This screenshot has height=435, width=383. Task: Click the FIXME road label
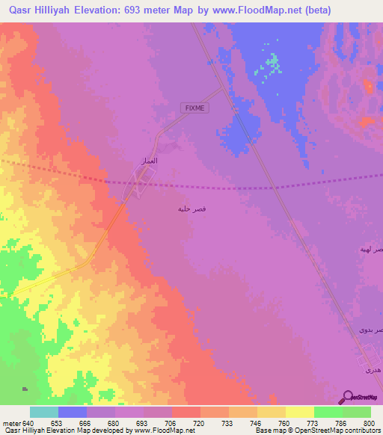(x=195, y=108)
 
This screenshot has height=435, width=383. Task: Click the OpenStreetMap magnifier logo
(x=346, y=397)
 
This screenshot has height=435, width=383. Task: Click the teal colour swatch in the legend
(x=43, y=411)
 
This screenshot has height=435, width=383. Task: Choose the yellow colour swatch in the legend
(x=299, y=411)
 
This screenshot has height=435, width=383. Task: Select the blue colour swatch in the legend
(x=72, y=411)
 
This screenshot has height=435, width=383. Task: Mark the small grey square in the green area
(x=25, y=389)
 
